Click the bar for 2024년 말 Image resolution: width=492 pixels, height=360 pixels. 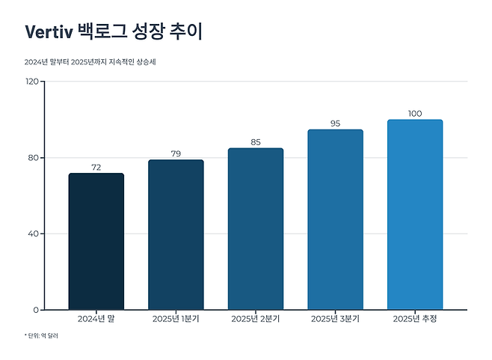96,241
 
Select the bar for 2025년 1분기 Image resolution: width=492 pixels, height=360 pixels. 176,234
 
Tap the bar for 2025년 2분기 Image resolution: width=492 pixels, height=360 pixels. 255,228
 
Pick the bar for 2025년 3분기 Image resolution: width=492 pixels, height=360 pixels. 335,219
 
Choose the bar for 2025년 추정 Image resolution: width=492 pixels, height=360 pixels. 415,214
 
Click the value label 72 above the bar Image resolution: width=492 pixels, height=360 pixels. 96,168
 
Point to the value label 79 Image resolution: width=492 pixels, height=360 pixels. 176,154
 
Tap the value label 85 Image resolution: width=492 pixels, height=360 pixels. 255,142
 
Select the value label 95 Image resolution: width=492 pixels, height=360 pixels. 335,123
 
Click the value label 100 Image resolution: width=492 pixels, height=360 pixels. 415,114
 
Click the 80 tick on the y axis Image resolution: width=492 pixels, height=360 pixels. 34,157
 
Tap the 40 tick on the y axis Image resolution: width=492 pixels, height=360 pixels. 34,234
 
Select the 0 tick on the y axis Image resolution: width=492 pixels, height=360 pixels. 36,310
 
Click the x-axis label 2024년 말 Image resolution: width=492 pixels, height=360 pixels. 96,320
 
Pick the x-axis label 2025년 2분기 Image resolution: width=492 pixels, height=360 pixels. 255,320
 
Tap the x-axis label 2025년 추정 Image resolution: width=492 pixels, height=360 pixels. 415,320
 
